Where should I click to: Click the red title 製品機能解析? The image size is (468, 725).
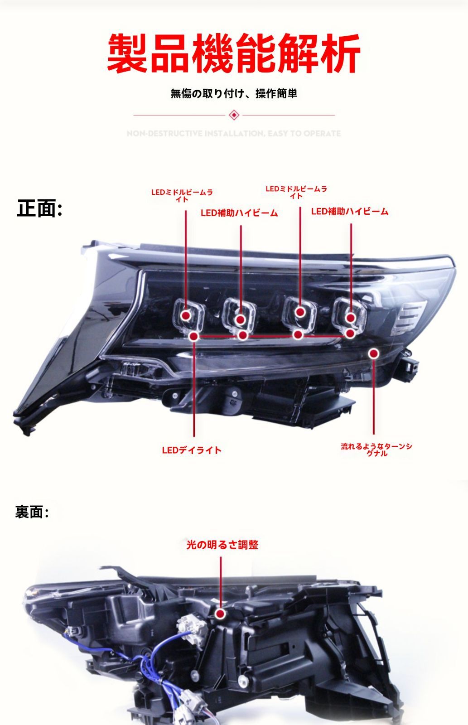click(234, 53)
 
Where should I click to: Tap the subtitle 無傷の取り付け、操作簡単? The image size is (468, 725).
click(234, 94)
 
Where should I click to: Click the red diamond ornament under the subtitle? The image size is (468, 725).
click(234, 115)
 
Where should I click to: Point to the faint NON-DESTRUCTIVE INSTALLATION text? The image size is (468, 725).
click(234, 133)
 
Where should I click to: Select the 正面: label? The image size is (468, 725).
click(39, 208)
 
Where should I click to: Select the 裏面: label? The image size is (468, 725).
click(32, 512)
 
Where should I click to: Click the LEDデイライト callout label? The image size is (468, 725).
click(192, 450)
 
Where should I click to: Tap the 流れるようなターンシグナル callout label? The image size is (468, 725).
click(376, 449)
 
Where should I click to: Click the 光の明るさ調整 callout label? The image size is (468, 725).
click(222, 545)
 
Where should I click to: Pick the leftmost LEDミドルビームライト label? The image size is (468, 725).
click(182, 195)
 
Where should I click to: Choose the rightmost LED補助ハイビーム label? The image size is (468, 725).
click(349, 211)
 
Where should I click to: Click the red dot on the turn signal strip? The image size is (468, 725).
click(373, 353)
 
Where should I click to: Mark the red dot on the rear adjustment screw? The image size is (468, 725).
click(221, 614)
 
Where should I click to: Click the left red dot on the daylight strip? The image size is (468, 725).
click(194, 336)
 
